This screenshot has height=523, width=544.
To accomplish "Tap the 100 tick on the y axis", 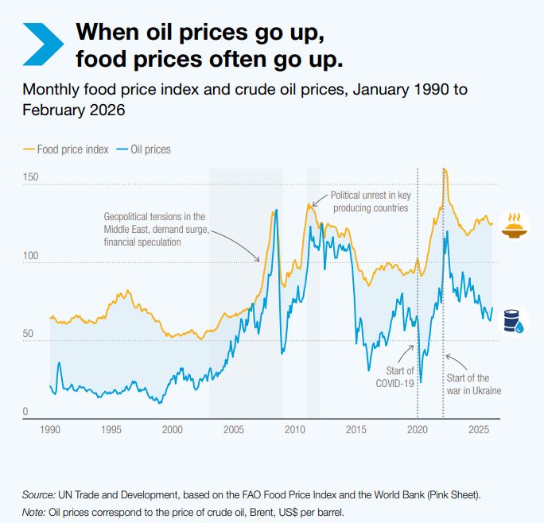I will click(x=29, y=256).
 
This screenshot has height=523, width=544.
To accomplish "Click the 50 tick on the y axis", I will click(x=27, y=334).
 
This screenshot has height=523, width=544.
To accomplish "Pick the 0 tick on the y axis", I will click(x=25, y=411).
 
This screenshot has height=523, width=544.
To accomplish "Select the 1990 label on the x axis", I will click(x=50, y=429).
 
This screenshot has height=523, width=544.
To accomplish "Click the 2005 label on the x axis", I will click(x=234, y=429).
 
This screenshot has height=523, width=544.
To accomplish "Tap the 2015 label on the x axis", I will click(x=356, y=429).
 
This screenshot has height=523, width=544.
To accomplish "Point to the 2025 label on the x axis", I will click(x=479, y=429).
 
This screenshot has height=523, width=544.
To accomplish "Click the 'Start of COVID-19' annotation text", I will click(x=394, y=377).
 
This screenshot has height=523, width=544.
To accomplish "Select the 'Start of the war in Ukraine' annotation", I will click(x=473, y=384).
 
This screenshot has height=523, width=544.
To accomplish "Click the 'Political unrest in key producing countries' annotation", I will click(x=370, y=201).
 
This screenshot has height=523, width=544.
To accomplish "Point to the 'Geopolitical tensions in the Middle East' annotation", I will click(x=154, y=228).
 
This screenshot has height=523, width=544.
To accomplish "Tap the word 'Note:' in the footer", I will click(x=34, y=511).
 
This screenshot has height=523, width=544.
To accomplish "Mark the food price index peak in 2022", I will click(x=445, y=169).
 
